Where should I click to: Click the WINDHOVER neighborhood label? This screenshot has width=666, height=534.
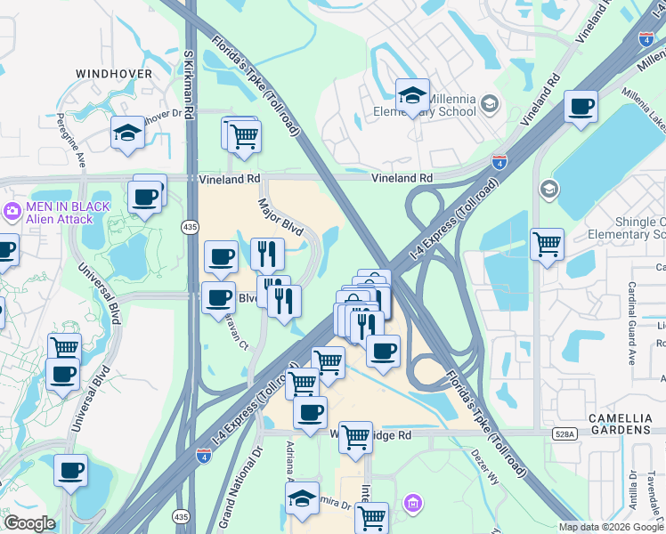tap(114, 73)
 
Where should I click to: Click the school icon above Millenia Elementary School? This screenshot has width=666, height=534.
tap(412, 96)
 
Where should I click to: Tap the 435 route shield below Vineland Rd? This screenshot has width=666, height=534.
tap(190, 229)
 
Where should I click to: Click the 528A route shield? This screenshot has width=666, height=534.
tap(564, 433)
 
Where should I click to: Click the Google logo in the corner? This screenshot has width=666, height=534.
tap(28, 522)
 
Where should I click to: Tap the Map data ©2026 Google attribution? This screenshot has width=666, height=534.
tap(611, 527)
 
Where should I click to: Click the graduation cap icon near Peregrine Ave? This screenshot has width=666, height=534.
tap(127, 134)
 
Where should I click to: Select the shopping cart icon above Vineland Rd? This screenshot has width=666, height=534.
tap(243, 137)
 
